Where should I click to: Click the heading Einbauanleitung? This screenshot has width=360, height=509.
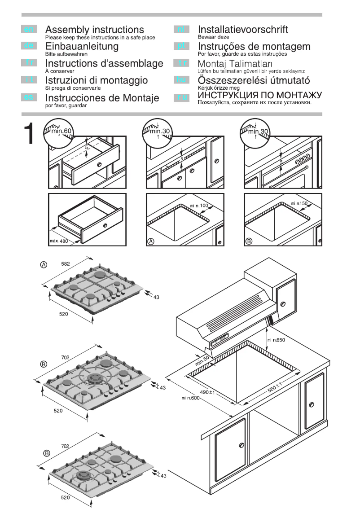[82, 46]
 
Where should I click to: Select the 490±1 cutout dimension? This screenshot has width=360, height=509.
[208, 392]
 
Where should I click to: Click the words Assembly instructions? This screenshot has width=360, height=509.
[95, 30]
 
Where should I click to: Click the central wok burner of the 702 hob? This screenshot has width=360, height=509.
[95, 379]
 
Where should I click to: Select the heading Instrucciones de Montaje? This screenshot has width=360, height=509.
[102, 98]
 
